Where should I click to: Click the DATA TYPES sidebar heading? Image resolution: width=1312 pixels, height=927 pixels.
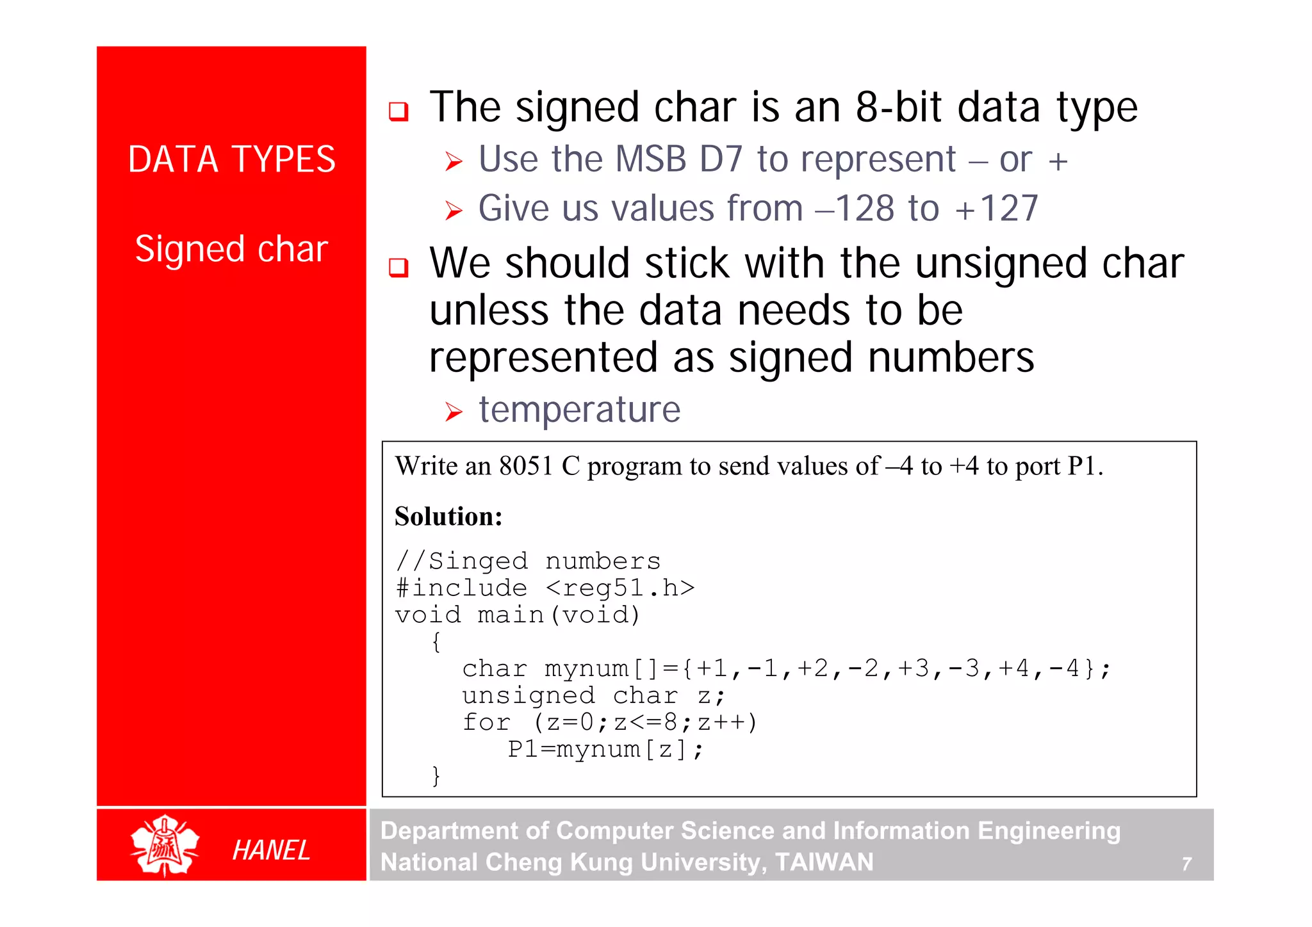click(231, 159)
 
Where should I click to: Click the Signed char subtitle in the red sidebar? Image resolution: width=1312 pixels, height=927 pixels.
click(231, 249)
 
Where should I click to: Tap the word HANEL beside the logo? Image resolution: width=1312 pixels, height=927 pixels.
click(271, 850)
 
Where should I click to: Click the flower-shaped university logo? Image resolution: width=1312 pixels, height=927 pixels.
click(165, 846)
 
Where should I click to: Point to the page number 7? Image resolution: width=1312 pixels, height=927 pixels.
click(1186, 864)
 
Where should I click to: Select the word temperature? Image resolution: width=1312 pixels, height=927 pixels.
click(579, 410)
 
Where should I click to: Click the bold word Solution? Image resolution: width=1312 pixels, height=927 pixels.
click(448, 517)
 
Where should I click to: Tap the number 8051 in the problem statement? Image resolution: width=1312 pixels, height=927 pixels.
click(526, 466)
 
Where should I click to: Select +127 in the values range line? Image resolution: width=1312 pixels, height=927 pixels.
click(996, 209)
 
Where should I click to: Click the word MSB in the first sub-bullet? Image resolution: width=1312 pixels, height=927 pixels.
click(650, 159)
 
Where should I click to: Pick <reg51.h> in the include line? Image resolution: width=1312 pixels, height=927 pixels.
click(620, 588)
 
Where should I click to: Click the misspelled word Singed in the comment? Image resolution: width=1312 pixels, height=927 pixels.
click(478, 561)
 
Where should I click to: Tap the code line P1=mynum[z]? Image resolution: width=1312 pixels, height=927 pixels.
click(605, 749)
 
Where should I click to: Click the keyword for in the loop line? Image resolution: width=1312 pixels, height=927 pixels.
click(487, 722)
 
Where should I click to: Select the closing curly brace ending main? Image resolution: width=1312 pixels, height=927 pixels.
click(436, 776)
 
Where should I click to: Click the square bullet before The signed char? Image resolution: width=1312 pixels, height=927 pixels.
click(398, 111)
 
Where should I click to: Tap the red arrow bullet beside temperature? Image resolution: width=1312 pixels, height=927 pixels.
click(454, 412)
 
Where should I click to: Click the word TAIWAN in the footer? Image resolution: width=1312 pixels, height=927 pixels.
click(824, 862)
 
